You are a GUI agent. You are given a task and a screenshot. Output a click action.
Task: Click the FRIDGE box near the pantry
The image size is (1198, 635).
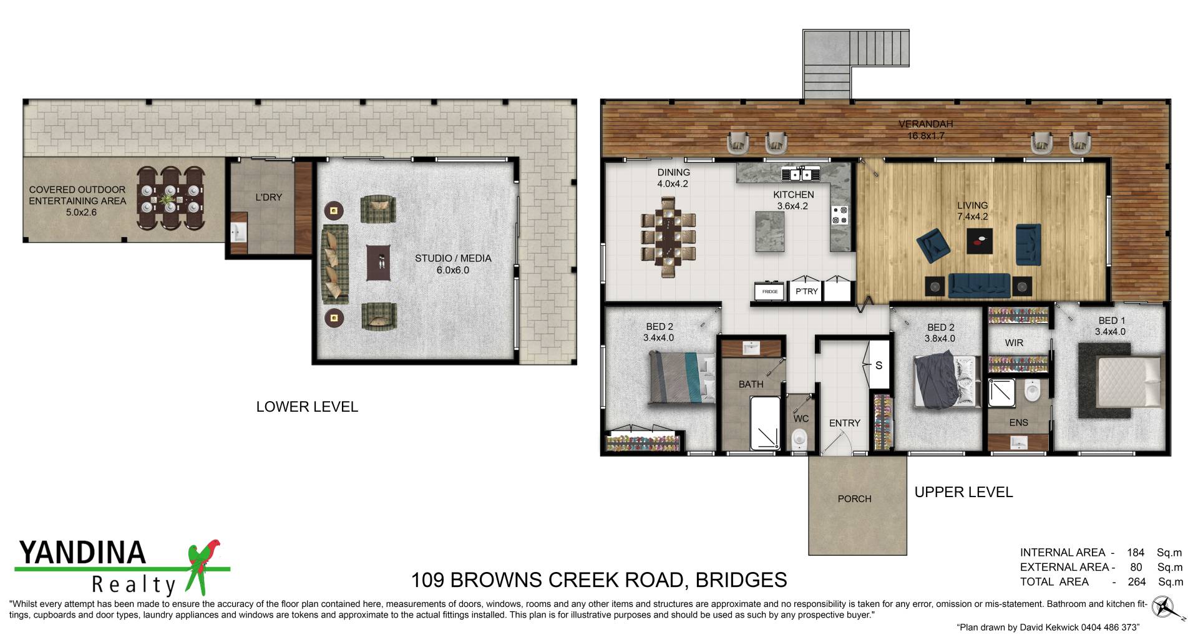[x=770, y=291]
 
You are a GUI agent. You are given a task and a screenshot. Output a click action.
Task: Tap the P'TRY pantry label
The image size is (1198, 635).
[x=806, y=291]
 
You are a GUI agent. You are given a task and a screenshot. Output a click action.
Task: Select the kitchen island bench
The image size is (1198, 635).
[x=770, y=231]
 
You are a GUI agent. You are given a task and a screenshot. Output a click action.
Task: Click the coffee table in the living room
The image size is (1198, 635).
[x=979, y=241]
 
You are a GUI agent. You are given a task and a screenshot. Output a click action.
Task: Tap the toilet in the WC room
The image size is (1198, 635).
[x=799, y=440]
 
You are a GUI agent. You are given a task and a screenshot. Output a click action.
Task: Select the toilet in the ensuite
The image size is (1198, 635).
[x=1031, y=392]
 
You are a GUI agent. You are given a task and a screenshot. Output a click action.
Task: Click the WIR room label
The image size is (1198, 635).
[x=1014, y=342]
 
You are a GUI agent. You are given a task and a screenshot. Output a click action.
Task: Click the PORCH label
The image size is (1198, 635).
[x=854, y=498]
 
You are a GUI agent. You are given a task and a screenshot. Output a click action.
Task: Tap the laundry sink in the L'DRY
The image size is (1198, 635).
[x=238, y=233]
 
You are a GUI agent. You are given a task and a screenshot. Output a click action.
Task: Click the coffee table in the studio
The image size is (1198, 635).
[x=378, y=263]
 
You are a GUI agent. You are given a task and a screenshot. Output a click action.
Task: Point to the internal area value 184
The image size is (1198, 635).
[x=1136, y=553]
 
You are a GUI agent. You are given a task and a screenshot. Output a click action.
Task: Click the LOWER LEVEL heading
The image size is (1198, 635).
[x=307, y=407]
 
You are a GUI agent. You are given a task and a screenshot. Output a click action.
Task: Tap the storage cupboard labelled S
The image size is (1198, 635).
[x=879, y=365]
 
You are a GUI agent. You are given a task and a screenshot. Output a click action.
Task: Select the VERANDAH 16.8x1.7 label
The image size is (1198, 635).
[x=925, y=130]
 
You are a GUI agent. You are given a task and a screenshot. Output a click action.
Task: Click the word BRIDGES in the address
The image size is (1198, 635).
[x=741, y=580]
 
